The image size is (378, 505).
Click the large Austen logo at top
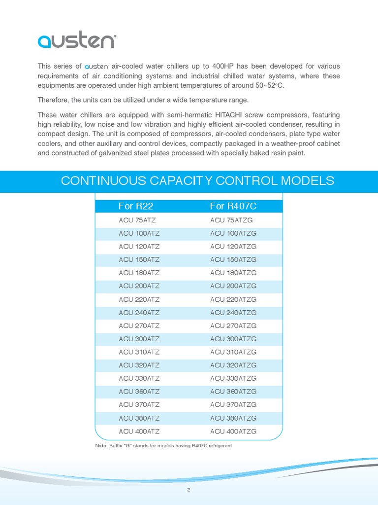point(76,40)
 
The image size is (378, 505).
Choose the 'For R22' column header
point(132,206)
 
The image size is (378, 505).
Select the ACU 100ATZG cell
point(233,233)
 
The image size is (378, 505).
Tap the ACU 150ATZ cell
point(139,259)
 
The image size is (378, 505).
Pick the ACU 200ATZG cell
point(233,286)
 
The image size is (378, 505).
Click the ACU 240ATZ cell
point(139,313)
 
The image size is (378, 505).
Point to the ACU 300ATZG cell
point(233,339)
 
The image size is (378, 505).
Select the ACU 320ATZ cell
point(139,365)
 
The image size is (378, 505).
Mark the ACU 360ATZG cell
point(233,392)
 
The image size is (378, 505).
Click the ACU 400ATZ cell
point(139,432)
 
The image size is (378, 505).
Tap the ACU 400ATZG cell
point(233,432)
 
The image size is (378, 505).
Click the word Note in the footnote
point(100,446)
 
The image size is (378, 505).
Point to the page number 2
point(189,490)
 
